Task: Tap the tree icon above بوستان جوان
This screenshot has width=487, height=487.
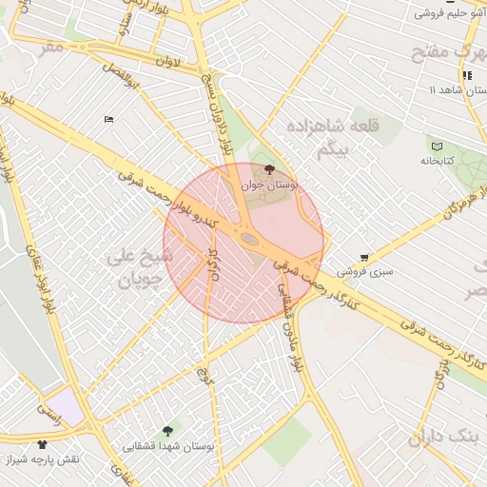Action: [x=270, y=169]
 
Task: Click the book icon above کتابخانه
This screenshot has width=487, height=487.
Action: [x=437, y=146]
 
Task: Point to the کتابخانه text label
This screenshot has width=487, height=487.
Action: [x=438, y=161]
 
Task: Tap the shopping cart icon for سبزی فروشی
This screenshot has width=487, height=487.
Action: [x=365, y=258]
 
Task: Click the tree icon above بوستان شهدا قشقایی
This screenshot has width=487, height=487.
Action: [x=168, y=431]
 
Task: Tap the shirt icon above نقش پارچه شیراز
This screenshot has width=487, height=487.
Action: [x=42, y=444]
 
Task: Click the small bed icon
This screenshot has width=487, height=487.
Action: [x=107, y=119]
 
